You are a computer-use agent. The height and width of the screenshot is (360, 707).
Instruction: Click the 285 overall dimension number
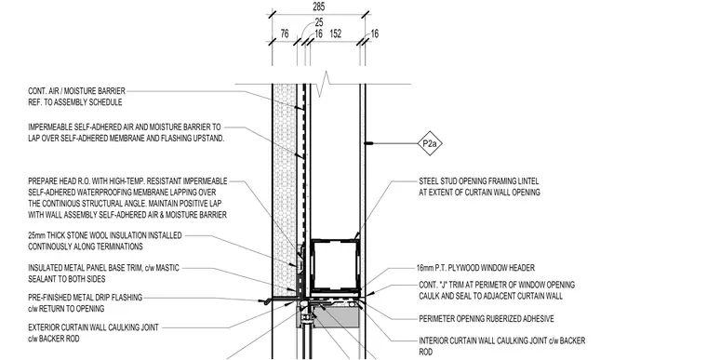click(318, 7)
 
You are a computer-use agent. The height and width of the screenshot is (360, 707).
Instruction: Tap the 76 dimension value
click(285, 33)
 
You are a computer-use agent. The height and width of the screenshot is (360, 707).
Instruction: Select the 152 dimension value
click(336, 33)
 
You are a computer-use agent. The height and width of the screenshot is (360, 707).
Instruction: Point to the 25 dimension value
click(319, 22)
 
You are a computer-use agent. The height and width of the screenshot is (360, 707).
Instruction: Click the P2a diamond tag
click(430, 143)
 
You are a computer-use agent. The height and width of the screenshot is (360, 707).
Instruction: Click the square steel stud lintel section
click(336, 266)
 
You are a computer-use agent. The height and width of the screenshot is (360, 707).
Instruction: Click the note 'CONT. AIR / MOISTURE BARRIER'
click(76, 91)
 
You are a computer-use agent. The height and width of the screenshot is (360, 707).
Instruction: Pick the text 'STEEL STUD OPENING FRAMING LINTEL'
click(479, 181)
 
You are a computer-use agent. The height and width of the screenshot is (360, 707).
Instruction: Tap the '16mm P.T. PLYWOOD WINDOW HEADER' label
click(475, 268)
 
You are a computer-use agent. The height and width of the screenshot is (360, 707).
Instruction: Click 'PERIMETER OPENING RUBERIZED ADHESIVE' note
click(487, 319)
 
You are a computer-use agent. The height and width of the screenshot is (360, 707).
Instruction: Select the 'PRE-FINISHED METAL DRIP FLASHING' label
click(86, 298)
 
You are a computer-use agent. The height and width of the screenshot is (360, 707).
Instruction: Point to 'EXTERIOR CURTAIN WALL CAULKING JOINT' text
click(93, 327)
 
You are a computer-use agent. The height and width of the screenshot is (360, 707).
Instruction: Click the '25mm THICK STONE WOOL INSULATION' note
click(105, 235)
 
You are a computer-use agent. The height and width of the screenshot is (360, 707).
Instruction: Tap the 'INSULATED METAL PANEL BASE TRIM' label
click(103, 268)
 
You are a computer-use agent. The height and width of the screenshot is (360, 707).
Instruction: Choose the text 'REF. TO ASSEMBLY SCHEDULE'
click(74, 102)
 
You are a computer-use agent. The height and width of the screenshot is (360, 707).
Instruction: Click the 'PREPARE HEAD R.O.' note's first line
click(127, 181)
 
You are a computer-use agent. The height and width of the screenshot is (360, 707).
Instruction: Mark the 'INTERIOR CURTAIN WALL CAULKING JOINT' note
click(501, 341)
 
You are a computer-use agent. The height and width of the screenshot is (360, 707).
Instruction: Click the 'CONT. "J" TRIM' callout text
click(497, 285)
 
